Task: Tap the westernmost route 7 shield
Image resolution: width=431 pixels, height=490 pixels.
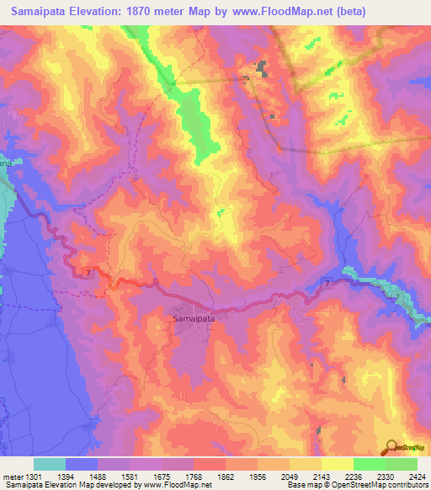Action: point(87,272)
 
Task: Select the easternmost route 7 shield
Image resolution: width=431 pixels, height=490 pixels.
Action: point(327,285)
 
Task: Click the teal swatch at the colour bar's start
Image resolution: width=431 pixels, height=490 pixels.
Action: point(50,464)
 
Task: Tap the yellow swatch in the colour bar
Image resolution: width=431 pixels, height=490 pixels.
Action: point(338,464)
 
